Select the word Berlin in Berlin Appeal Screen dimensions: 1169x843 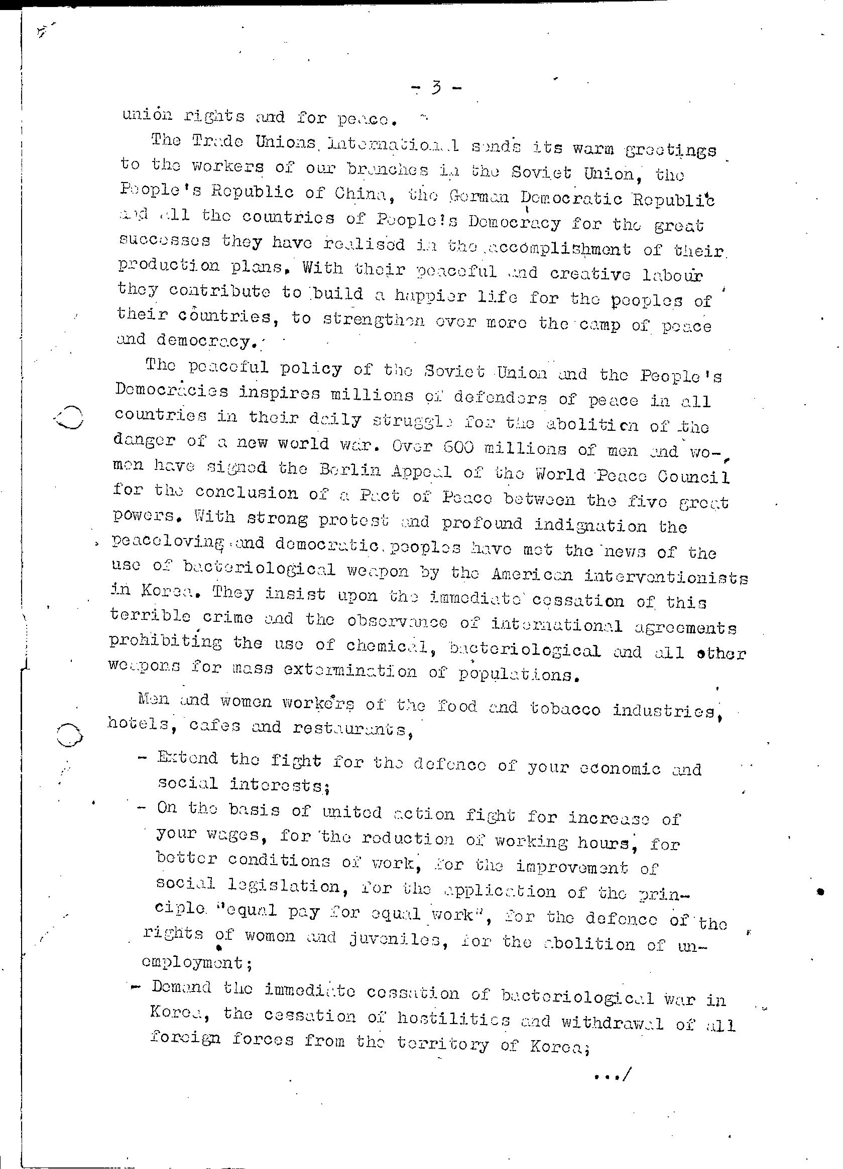(349, 470)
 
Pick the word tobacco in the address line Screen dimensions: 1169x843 (565, 709)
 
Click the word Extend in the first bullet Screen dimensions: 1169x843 (188, 758)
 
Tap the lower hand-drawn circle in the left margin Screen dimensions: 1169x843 (70, 734)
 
